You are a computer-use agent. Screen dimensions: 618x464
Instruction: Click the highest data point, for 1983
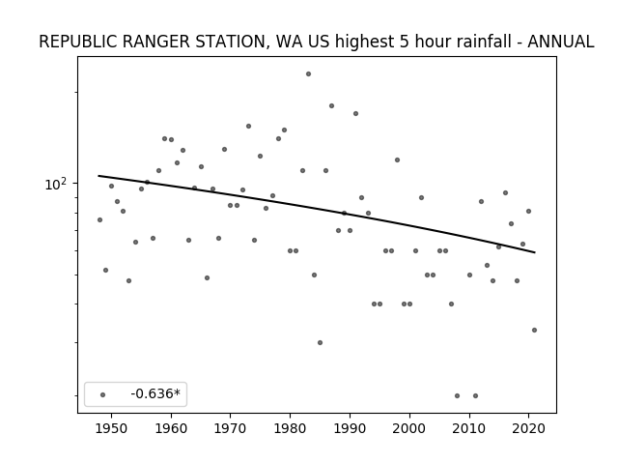tap(308, 73)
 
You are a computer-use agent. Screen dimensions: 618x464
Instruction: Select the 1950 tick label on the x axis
tap(112, 428)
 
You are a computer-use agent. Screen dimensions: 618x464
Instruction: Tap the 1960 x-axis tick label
tap(171, 428)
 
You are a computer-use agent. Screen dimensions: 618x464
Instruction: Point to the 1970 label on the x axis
tap(231, 428)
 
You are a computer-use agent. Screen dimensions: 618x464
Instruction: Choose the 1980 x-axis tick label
tap(291, 428)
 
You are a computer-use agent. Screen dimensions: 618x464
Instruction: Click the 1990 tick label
tap(350, 428)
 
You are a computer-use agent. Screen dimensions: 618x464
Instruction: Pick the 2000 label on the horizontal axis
tap(409, 428)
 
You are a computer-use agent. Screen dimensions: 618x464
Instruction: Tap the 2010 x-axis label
tap(469, 428)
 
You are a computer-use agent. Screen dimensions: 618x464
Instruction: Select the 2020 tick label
tap(529, 428)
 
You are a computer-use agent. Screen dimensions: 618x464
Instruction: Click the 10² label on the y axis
tap(56, 184)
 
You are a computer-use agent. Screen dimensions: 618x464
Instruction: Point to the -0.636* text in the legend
tap(155, 393)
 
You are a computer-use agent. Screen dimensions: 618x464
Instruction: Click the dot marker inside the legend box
tap(102, 394)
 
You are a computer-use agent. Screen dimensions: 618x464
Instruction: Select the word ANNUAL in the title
tap(560, 42)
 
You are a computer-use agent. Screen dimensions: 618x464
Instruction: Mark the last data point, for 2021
tap(534, 330)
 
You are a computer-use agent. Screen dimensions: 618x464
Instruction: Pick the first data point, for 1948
tap(99, 219)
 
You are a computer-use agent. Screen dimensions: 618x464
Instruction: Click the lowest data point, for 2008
tap(457, 395)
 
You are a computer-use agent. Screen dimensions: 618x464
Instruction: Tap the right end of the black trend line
tap(535, 252)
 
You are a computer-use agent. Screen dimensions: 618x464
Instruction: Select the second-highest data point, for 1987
tap(331, 105)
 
